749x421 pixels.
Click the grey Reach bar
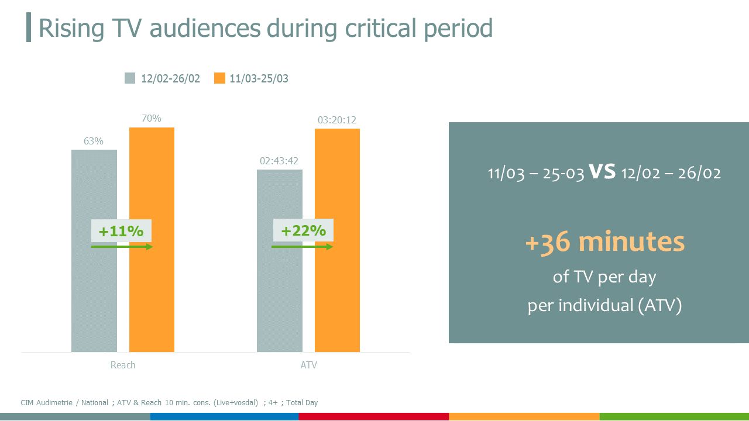point(94,292)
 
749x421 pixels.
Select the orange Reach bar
point(152,292)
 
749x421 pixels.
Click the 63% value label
point(94,141)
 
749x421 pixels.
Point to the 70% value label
point(151,118)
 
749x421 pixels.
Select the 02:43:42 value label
point(280,161)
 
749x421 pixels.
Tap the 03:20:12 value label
point(337,120)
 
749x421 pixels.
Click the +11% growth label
point(121,231)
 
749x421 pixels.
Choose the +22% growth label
point(303,230)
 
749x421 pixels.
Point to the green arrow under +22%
point(302,247)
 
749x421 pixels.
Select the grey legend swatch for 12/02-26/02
point(130,78)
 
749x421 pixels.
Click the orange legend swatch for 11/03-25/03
point(219,78)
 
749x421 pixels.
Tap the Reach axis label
point(123,365)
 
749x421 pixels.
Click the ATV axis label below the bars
point(308,365)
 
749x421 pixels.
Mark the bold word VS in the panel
point(602,171)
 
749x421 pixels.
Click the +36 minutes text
point(604,242)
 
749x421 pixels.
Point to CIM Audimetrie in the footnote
point(46,403)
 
